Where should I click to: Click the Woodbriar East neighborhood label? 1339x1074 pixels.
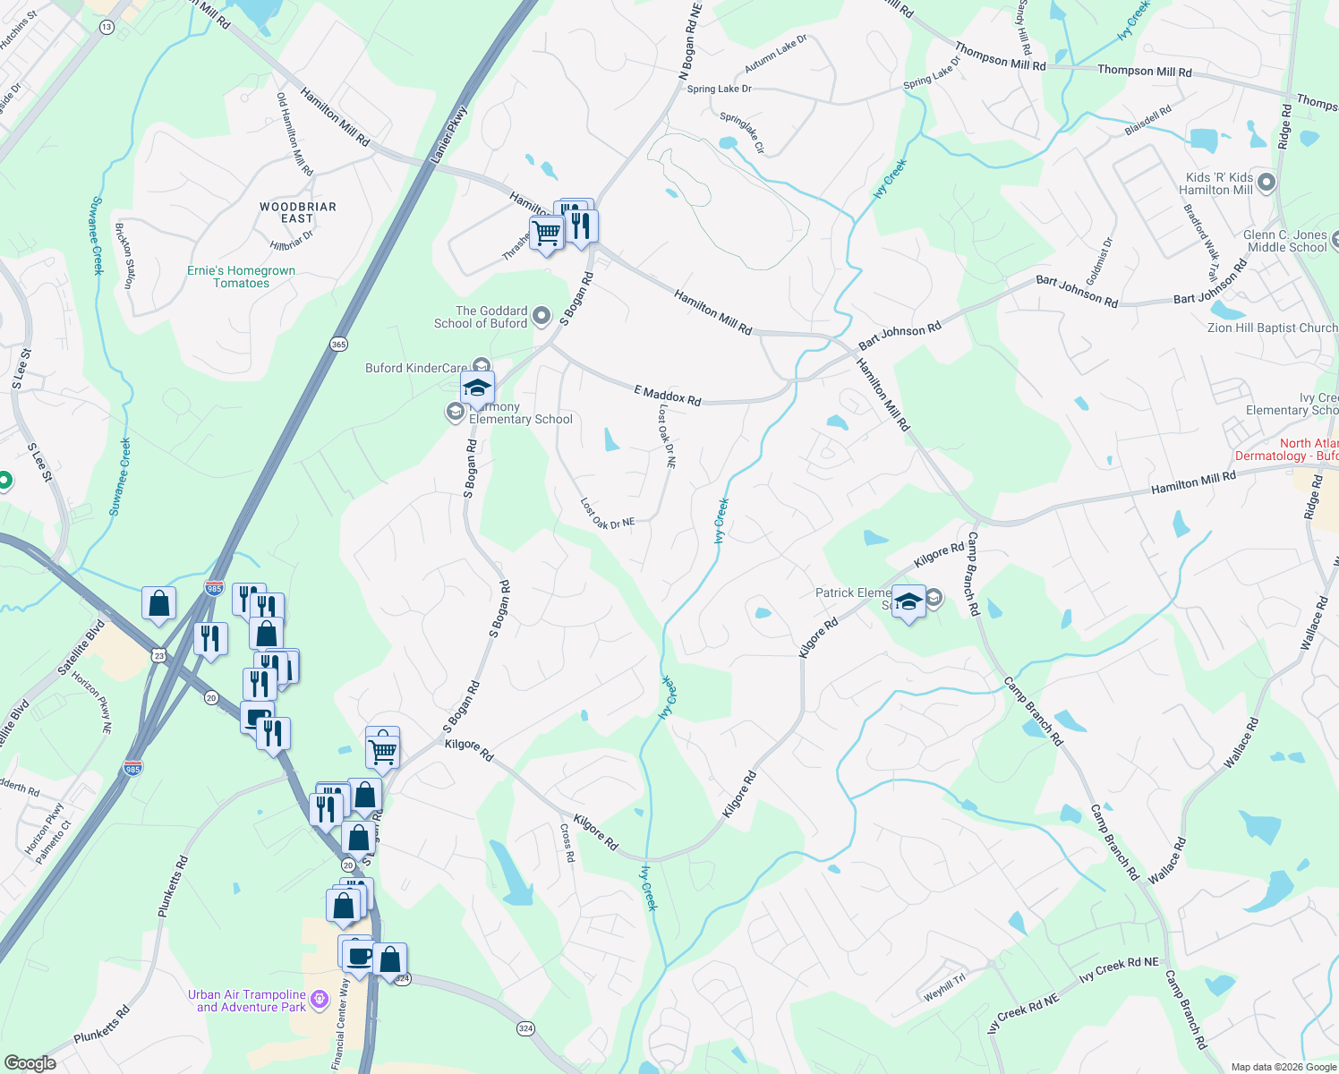pos(298,212)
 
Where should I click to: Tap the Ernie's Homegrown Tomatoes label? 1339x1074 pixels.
pos(241,277)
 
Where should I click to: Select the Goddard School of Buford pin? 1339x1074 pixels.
pos(541,316)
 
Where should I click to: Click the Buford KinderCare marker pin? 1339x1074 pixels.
pos(482,365)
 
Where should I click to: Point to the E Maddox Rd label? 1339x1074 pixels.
pos(667,395)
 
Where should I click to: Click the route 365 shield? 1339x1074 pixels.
pos(338,345)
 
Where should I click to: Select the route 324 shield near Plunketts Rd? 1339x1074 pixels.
pos(525,1028)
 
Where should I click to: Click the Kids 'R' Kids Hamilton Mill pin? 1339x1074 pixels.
pos(1266,183)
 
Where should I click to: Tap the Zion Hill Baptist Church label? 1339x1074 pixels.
pos(1272,328)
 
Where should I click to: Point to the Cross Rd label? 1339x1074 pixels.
pos(567,842)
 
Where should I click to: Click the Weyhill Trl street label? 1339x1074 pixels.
pos(944,987)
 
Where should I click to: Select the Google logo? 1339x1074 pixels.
pos(30,1062)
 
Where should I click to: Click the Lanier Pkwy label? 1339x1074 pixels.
pos(448,136)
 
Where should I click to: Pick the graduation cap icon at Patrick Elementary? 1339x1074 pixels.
pos(908,601)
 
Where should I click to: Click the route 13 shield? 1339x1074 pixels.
pos(107,28)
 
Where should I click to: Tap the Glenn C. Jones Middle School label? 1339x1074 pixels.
pos(1286,241)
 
